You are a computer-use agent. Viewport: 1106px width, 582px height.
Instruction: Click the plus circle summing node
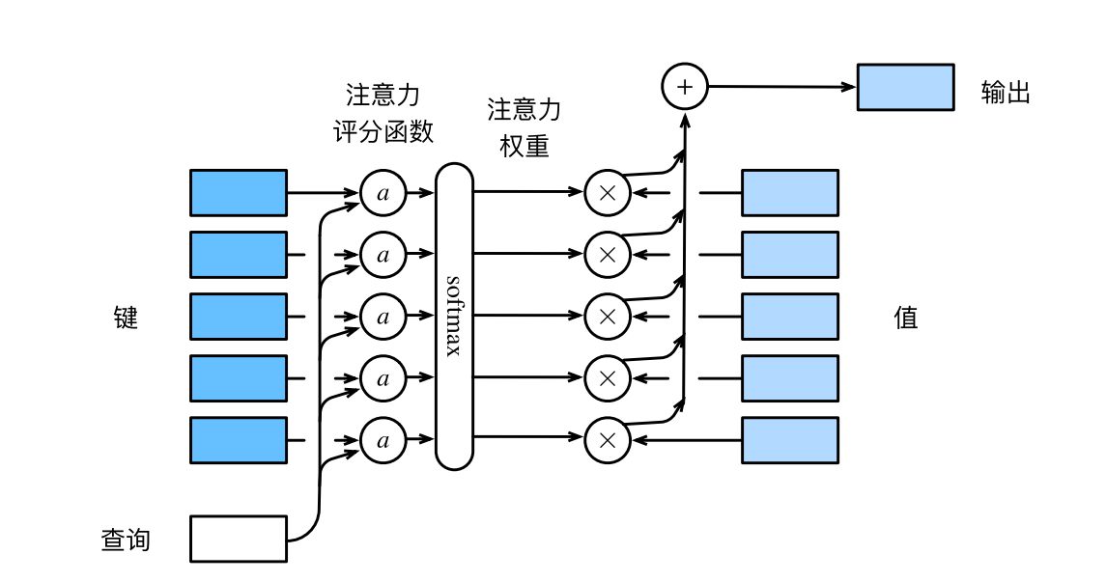click(684, 86)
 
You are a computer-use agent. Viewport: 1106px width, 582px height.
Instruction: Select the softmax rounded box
click(454, 316)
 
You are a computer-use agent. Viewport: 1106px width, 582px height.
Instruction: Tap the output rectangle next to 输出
click(905, 88)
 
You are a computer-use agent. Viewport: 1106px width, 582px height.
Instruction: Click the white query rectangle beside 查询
click(239, 539)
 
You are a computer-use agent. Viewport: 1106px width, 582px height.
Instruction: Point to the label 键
click(127, 317)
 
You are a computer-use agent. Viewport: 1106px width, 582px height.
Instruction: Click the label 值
click(906, 317)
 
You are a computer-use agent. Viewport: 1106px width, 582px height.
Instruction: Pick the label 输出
click(1006, 93)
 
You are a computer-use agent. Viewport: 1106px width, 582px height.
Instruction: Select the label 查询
click(127, 539)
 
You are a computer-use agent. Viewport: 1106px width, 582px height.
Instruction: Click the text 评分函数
click(383, 132)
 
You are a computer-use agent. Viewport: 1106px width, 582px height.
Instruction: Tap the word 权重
click(525, 146)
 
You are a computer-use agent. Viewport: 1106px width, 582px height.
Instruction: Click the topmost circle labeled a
click(383, 193)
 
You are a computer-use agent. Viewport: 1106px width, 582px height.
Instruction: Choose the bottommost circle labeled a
click(383, 440)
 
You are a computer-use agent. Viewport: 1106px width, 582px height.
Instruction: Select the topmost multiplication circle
click(608, 193)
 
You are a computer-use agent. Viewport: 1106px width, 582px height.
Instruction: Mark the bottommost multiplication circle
click(608, 440)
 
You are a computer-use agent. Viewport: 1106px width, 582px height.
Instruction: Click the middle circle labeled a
click(383, 317)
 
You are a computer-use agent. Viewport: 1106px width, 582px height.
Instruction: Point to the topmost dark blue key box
click(239, 193)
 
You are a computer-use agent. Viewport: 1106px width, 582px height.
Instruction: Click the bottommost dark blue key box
click(239, 440)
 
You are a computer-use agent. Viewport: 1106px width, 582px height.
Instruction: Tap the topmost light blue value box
click(789, 193)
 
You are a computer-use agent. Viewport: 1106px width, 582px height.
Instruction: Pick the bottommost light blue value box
click(789, 440)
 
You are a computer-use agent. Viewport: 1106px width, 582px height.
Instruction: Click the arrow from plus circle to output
click(782, 87)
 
